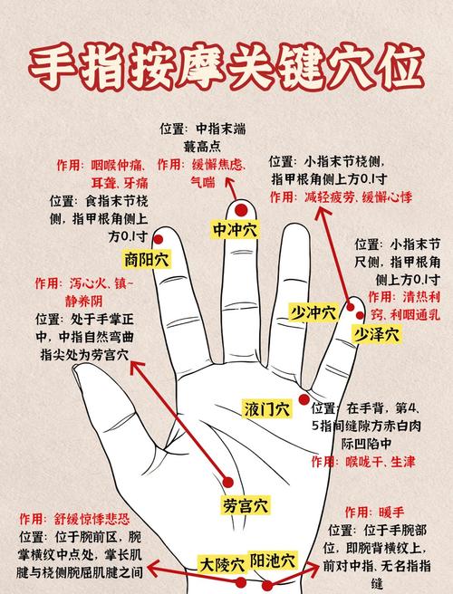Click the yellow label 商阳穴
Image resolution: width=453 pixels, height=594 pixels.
click(147, 259)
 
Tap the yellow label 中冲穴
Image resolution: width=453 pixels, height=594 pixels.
click(236, 230)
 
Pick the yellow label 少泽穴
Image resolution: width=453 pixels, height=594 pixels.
click(376, 334)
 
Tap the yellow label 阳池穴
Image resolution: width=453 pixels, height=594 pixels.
click(274, 560)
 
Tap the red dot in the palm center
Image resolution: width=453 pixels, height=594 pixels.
click(228, 481)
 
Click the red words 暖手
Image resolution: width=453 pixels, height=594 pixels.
click(392, 512)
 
